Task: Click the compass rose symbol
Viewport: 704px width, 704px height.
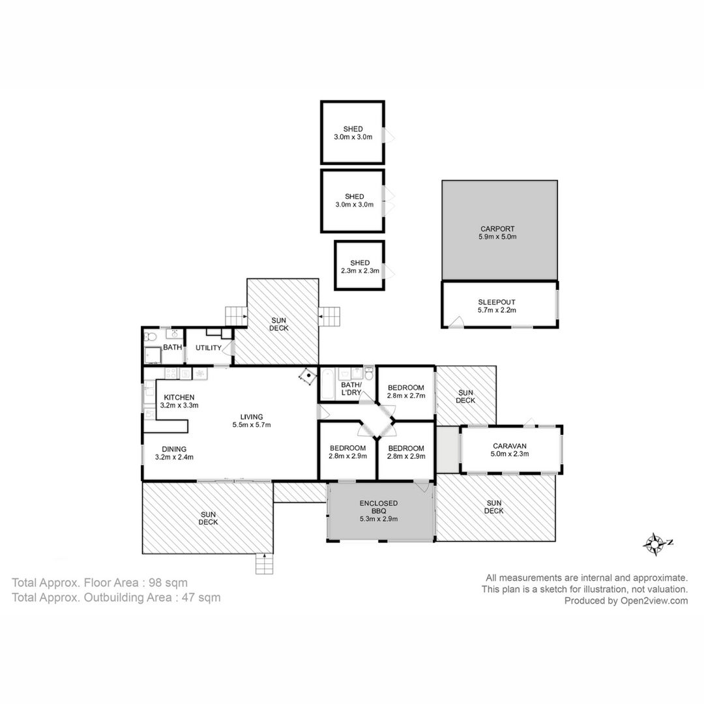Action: [656, 544]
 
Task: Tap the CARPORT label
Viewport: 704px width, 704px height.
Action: [497, 229]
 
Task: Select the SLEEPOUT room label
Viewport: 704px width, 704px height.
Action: [497, 302]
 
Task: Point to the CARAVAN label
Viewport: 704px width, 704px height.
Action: [510, 446]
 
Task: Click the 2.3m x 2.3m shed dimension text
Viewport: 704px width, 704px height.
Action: [360, 271]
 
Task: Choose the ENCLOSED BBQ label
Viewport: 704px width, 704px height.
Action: [379, 507]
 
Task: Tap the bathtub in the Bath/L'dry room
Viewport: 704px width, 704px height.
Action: [327, 383]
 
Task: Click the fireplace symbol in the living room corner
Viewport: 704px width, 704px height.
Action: [308, 376]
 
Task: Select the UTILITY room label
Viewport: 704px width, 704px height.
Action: [209, 347]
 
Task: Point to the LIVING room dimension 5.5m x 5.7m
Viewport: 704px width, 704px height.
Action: [252, 425]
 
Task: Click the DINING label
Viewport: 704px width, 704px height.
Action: [174, 449]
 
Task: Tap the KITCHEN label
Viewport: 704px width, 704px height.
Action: [179, 398]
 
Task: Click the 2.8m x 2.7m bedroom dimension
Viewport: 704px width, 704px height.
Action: [406, 396]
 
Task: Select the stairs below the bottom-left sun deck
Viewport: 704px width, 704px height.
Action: [265, 563]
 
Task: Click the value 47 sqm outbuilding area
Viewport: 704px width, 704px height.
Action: [198, 598]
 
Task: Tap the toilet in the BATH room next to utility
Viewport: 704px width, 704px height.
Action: [150, 336]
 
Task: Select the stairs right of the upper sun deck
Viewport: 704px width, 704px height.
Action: [330, 317]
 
